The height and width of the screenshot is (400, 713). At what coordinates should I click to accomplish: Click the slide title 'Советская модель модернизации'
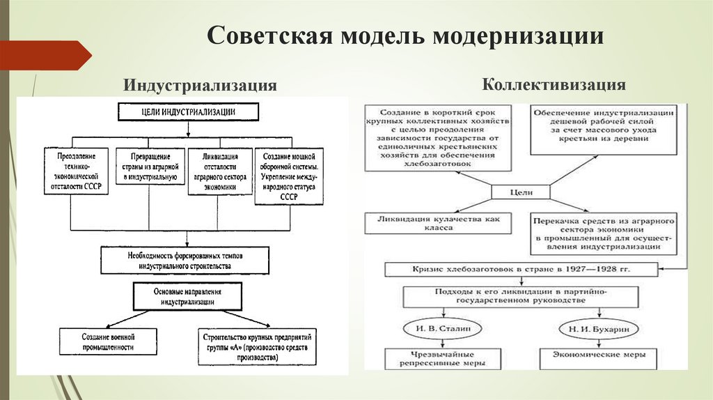(405, 36)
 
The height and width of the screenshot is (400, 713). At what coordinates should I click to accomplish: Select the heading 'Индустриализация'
(201, 86)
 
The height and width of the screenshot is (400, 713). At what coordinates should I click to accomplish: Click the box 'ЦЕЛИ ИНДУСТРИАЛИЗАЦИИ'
(189, 112)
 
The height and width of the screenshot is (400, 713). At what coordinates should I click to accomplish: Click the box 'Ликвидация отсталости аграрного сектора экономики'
(219, 171)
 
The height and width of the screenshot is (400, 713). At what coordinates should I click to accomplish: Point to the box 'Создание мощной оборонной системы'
(288, 176)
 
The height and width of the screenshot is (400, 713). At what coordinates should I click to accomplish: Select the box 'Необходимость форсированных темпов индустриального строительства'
(185, 261)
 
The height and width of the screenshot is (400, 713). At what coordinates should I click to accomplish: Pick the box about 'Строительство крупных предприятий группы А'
(256, 346)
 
